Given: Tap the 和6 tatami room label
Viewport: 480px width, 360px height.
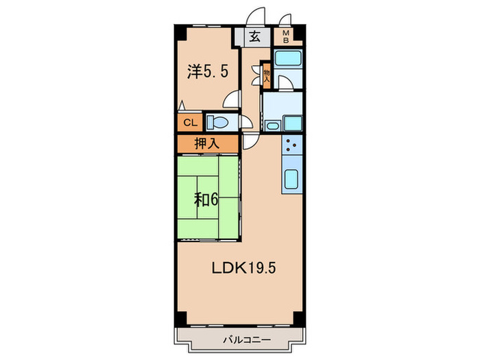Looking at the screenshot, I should click(x=206, y=199).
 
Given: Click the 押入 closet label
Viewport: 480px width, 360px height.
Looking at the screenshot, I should click(x=207, y=145).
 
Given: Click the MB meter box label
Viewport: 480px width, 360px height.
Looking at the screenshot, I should click(x=284, y=36).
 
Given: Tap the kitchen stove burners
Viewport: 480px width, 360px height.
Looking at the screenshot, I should click(x=290, y=146).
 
